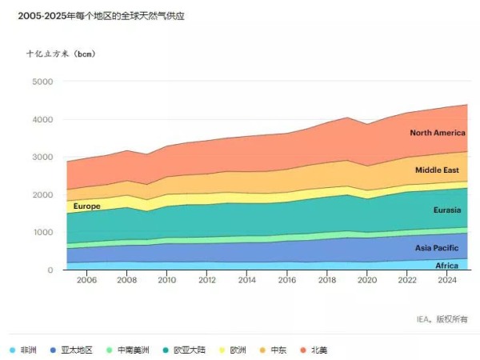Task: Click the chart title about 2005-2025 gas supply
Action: [x=95, y=16]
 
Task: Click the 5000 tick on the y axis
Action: [x=42, y=82]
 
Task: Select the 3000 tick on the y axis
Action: [x=42, y=158]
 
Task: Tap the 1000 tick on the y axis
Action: [x=42, y=233]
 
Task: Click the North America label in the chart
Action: [x=437, y=133]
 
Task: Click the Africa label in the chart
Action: [x=446, y=265]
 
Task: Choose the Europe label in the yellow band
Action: [x=86, y=206]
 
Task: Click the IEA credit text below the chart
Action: [x=442, y=319]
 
